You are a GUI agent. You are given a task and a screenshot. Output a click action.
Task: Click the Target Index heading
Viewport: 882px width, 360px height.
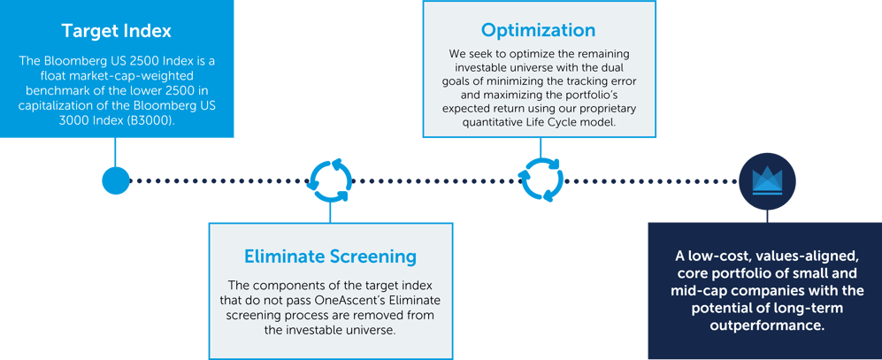[116, 31]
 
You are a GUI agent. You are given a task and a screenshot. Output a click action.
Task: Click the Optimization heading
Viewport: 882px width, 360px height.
[538, 30]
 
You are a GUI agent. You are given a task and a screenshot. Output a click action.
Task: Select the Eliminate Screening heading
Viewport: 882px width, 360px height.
[330, 257]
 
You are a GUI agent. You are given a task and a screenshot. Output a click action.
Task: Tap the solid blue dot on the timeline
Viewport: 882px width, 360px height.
[115, 180]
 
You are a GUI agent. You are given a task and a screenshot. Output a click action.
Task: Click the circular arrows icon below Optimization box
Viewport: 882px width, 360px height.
[539, 178]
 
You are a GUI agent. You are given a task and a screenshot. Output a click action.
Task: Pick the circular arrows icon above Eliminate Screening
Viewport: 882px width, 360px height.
[330, 180]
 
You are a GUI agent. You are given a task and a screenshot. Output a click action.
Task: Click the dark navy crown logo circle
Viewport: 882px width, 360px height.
[767, 180]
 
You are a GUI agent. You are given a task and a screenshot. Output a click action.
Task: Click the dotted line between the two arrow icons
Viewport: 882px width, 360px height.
[433, 180]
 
